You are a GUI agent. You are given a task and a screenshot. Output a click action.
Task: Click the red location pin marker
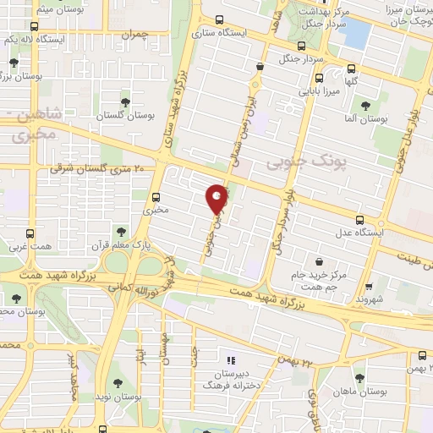pos(216,199)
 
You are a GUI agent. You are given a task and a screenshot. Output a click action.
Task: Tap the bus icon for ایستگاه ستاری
pos(220,20)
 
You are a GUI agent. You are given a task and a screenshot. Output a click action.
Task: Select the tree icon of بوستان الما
pos(364,106)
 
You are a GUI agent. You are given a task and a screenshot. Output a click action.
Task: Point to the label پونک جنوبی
pos(295,159)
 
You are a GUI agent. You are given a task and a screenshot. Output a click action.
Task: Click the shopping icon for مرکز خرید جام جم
pos(320,263)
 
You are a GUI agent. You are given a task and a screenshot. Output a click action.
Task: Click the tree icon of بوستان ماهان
pos(360,378)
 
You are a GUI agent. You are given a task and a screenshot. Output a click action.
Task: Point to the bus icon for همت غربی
pos(30,233)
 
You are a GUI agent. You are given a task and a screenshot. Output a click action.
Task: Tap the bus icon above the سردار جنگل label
pos(303,47)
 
